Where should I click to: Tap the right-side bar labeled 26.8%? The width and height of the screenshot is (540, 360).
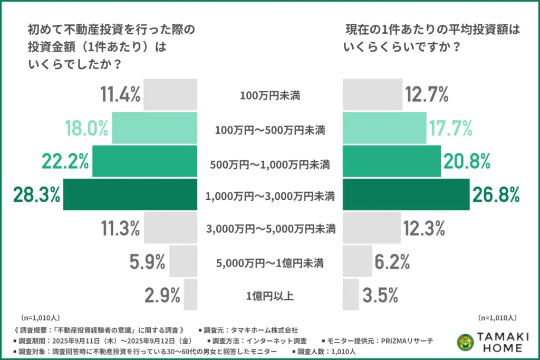(406, 195)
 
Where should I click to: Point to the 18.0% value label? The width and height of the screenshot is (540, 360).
(86, 128)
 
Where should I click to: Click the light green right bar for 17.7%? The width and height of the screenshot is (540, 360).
(384, 128)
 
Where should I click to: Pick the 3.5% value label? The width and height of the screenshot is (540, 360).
(380, 295)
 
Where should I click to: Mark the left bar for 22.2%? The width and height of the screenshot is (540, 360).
(144, 162)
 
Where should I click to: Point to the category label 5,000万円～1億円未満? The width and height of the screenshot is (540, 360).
(269, 262)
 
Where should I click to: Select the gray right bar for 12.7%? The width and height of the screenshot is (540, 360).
(371, 95)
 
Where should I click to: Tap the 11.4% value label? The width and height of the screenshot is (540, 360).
(120, 95)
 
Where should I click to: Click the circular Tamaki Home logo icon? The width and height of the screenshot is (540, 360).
(465, 342)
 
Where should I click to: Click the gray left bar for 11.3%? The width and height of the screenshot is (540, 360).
(170, 228)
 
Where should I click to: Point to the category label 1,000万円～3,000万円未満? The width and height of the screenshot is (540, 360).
(269, 196)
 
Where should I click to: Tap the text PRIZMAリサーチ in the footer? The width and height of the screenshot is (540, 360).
(408, 340)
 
